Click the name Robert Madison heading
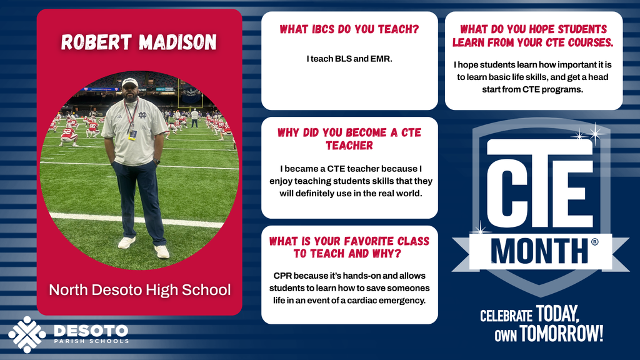click(139, 42)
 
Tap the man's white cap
click(130, 82)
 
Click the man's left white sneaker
click(162, 251)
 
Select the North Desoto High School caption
click(139, 290)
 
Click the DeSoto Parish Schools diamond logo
click(27, 334)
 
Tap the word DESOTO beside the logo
click(91, 329)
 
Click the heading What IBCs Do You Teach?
click(349, 29)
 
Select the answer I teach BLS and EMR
click(349, 59)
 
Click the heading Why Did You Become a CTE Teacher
click(349, 139)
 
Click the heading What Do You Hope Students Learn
click(533, 36)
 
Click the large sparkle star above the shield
click(596, 132)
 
